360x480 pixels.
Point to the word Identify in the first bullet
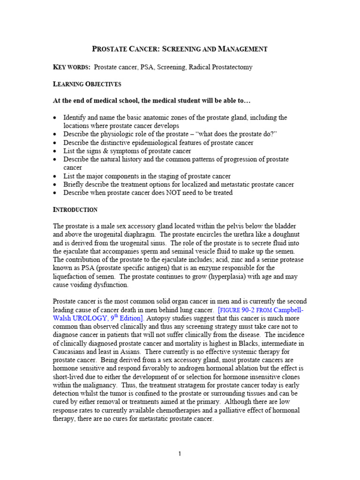[x=76, y=117]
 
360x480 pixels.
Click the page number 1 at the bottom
[x=180, y=453]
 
